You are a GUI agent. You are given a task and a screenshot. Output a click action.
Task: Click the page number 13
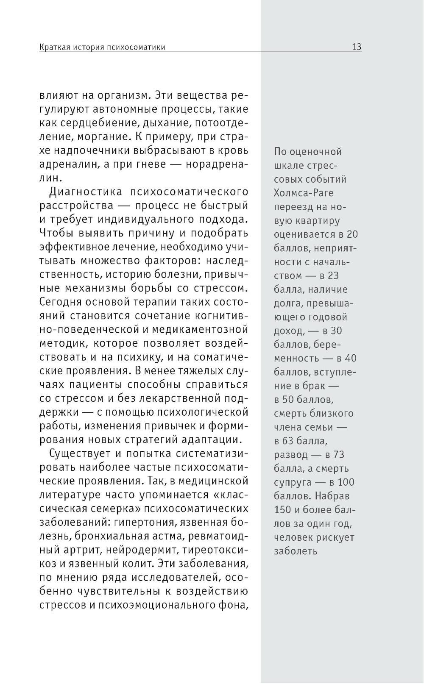(356, 47)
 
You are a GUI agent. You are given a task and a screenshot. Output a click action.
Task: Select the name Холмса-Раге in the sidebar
(304, 193)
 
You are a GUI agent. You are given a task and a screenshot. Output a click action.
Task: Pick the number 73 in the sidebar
(339, 455)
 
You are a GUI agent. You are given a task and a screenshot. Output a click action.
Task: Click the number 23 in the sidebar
(333, 275)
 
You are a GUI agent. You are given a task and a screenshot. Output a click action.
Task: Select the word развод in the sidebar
(291, 455)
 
